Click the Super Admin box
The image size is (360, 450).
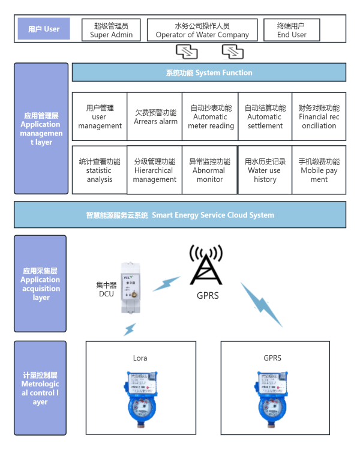pyautogui.click(x=112, y=30)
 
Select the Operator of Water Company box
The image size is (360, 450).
pyautogui.click(x=202, y=30)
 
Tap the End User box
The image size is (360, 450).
pyautogui.click(x=292, y=30)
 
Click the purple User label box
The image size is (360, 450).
pyautogui.click(x=44, y=29)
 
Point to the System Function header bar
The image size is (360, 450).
pyautogui.click(x=209, y=73)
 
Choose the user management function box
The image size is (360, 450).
pyautogui.click(x=100, y=117)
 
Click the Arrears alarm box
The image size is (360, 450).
pyautogui.click(x=155, y=117)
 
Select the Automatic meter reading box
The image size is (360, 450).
pyautogui.click(x=211, y=117)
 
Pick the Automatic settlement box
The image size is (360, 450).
pyautogui.click(x=265, y=117)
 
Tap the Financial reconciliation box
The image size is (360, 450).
pyautogui.click(x=319, y=117)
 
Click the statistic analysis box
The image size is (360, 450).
pyautogui.click(x=100, y=170)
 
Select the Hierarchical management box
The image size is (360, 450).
pyautogui.click(x=155, y=170)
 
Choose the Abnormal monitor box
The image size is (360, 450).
pyautogui.click(x=210, y=170)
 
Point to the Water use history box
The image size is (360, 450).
pyautogui.click(x=265, y=170)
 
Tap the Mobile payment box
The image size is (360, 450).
pyautogui.click(x=319, y=170)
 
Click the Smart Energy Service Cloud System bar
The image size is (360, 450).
pyautogui.click(x=180, y=215)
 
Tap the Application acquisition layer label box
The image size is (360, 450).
pyautogui.click(x=40, y=284)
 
